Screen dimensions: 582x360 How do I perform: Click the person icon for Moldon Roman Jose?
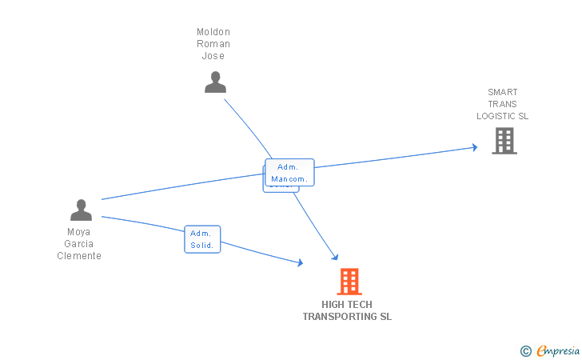pos(215,82)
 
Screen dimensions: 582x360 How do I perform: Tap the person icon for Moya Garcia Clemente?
pos(81,210)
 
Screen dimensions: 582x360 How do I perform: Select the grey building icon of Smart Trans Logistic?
pos(504,141)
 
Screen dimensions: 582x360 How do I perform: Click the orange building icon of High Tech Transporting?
pos(349,282)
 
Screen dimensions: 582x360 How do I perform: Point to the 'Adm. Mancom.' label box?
pos(289,173)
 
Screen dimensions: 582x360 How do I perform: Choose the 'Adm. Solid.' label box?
pos(201,239)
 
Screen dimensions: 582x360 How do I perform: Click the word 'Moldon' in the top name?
pos(213,32)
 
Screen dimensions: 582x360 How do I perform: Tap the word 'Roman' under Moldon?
pos(213,44)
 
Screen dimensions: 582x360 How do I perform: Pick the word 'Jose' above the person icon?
pos(213,56)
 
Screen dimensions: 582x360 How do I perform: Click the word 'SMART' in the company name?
pos(503,92)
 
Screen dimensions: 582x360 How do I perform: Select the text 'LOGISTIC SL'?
pos(503,116)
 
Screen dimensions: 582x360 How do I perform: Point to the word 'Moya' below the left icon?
pos(79,232)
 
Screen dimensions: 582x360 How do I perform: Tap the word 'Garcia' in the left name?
pos(79,244)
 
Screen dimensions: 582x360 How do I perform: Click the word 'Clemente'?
pos(79,256)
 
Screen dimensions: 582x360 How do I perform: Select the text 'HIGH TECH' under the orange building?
pos(347,305)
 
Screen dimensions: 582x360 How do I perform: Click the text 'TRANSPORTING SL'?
pos(347,317)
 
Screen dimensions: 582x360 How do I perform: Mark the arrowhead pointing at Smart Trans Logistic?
pos(474,147)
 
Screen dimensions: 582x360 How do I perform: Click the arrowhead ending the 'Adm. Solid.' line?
pos(300,262)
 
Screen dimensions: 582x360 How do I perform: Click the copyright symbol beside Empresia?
pos(526,350)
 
